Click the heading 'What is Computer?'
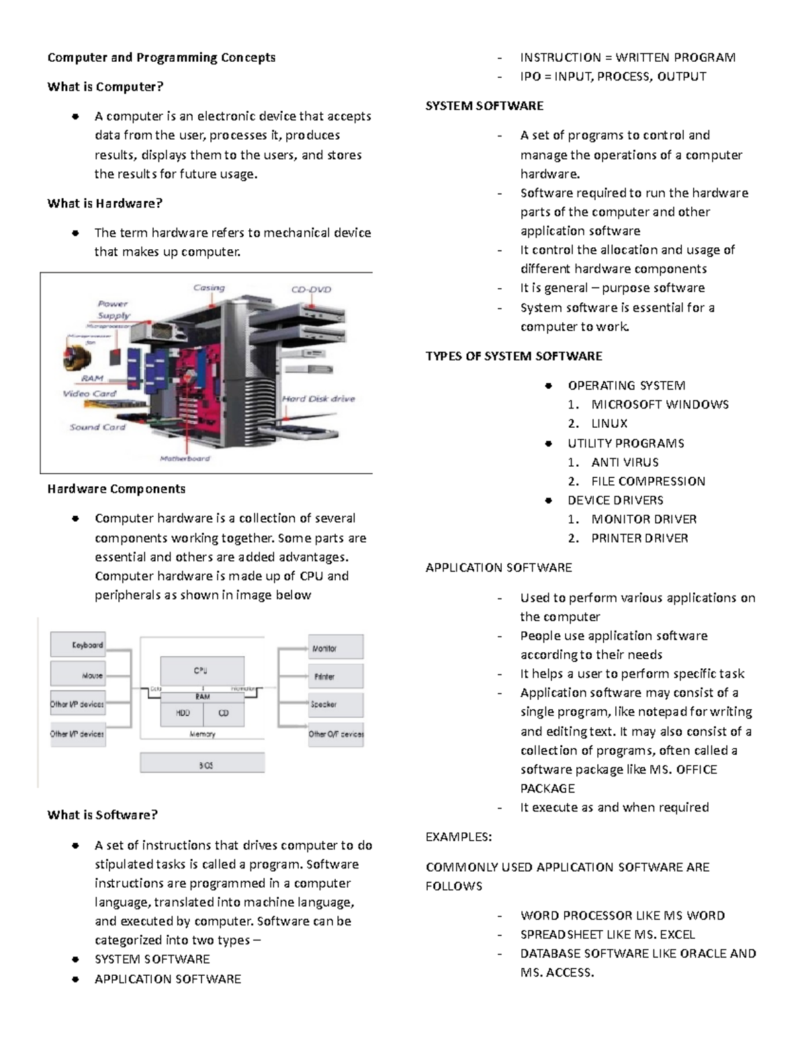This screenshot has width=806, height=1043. (105, 87)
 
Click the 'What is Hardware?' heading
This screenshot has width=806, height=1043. (105, 203)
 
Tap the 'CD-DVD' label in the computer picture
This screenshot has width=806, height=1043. (311, 289)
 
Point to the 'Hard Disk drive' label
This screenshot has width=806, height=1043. (318, 398)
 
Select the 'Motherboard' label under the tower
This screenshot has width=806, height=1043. (185, 459)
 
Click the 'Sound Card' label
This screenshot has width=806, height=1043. (97, 426)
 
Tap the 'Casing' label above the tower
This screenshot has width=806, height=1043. (209, 287)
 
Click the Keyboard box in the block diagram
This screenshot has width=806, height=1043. (78, 645)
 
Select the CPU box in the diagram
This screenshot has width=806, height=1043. (201, 670)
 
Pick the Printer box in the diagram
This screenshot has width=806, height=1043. (336, 676)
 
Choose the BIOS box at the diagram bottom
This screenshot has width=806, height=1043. (202, 764)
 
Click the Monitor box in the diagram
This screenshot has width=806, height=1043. (336, 647)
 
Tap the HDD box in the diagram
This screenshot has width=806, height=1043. (182, 713)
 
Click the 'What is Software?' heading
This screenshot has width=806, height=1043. (102, 815)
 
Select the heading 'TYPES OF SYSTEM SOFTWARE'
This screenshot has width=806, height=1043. (514, 356)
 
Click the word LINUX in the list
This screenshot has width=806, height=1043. (609, 424)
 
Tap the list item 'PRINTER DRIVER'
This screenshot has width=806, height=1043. (639, 538)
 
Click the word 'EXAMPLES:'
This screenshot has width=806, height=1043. (459, 837)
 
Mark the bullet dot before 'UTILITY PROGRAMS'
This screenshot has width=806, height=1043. (549, 443)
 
